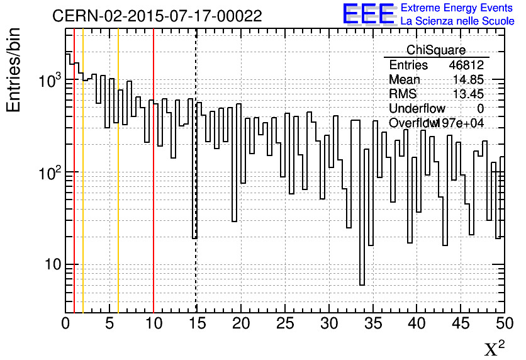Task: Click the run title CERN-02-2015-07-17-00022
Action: point(157,16)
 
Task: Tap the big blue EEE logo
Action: point(369,14)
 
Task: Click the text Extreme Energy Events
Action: point(457,8)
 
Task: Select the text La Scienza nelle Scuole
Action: point(457,21)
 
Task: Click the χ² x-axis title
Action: point(495,349)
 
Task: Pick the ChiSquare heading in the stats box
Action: point(436,50)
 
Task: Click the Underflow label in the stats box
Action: point(417,109)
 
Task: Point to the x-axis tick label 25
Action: point(285,323)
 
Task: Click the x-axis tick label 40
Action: point(417,323)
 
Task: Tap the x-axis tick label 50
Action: point(504,323)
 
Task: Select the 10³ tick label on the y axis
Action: point(49,81)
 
